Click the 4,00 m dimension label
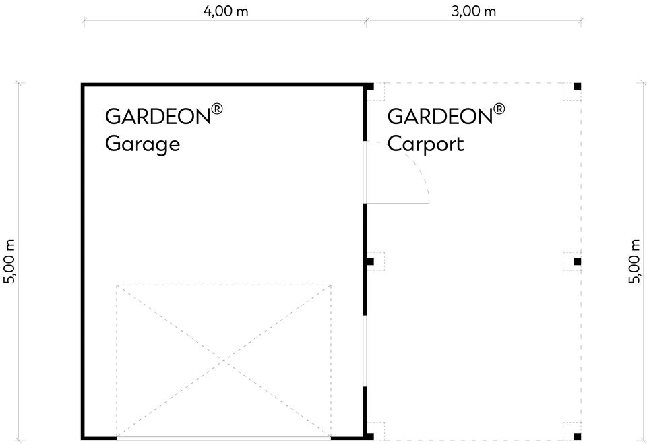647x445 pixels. coord(226,11)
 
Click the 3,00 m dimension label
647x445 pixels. coord(473,11)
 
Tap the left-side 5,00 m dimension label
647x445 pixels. coord(9,262)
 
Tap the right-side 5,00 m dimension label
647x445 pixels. coord(635,262)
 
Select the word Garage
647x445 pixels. coord(142,144)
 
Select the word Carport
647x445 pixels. coord(425,144)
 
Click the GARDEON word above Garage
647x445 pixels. coord(158,117)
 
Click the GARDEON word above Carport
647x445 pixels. coord(440,117)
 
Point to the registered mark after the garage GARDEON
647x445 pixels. coord(217,109)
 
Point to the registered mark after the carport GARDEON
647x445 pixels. coord(499,109)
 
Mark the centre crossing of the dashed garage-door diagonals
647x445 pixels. coord(224,361)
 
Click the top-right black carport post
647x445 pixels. coord(578,86)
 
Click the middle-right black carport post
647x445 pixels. coord(578,262)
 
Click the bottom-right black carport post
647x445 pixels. coord(578,436)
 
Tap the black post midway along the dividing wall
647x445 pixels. coord(370,262)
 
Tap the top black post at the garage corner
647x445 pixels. coord(370,86)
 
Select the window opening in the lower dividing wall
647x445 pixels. coord(365,351)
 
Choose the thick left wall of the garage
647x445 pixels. coord(82,262)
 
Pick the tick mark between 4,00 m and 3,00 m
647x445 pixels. coord(366,21)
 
